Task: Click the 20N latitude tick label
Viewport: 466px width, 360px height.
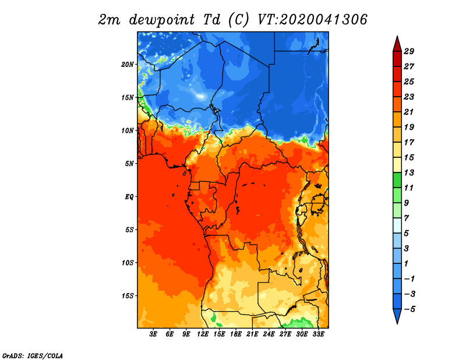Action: (128, 65)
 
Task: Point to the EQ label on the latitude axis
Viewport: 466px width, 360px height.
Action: (129, 197)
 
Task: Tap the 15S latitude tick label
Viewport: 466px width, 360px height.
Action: (128, 296)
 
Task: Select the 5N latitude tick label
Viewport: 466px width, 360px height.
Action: (129, 164)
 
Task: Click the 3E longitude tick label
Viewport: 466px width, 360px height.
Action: (153, 334)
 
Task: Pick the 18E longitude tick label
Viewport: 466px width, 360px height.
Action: (236, 334)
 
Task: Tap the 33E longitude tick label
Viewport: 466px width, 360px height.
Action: (318, 334)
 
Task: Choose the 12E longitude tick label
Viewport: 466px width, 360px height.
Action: (203, 334)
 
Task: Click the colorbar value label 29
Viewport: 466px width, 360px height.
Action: (409, 52)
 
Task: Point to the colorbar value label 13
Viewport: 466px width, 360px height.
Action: (409, 173)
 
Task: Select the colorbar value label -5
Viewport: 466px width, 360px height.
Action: (409, 309)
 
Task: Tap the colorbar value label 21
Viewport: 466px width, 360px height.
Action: (409, 112)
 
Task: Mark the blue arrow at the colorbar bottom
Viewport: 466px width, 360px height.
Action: (397, 316)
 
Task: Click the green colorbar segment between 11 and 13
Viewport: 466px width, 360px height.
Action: (397, 181)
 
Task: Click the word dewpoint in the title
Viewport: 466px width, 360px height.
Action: (162, 20)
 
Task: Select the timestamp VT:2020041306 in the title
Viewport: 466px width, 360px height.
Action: (312, 20)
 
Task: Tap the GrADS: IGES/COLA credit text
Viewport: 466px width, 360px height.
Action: (33, 356)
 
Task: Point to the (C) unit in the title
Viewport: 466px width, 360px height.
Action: (239, 20)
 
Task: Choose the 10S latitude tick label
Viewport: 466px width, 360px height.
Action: (128, 263)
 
